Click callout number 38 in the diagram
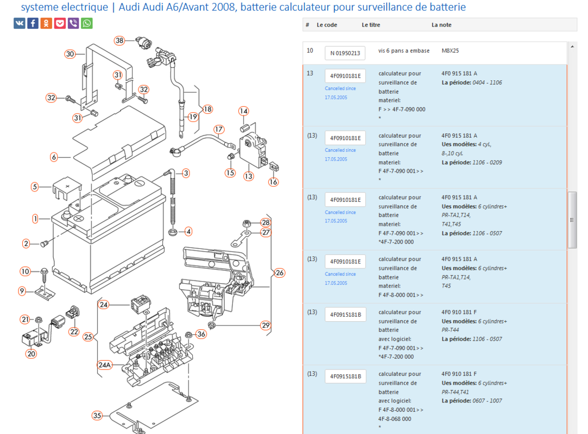(119, 41)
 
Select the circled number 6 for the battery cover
(54, 157)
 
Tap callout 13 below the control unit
(248, 176)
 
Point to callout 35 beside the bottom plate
(97, 416)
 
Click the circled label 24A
(104, 365)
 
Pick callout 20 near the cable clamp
(31, 354)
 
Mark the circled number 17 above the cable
(219, 130)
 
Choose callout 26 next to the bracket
(280, 272)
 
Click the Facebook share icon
(33, 23)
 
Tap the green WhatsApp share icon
(87, 23)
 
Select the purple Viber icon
(73, 23)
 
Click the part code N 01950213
(345, 53)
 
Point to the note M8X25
(451, 51)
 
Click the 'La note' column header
(441, 25)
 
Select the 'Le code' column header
(327, 25)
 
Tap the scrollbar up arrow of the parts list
(572, 47)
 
